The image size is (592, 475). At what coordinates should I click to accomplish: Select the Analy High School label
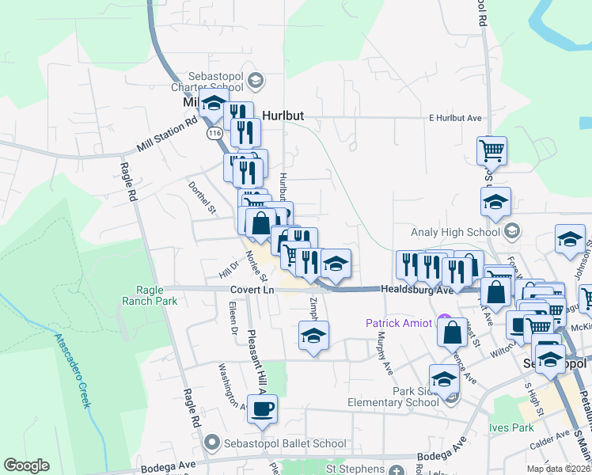tap(457, 232)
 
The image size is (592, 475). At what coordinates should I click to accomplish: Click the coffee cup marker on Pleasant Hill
tap(263, 408)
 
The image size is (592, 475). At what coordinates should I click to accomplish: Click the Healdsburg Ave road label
tap(413, 291)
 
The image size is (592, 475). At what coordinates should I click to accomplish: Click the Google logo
tap(26, 465)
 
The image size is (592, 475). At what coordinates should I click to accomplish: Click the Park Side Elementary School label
tap(393, 397)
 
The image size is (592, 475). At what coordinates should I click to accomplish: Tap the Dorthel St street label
tap(202, 198)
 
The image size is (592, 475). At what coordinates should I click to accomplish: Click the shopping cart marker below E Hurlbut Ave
tap(491, 150)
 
